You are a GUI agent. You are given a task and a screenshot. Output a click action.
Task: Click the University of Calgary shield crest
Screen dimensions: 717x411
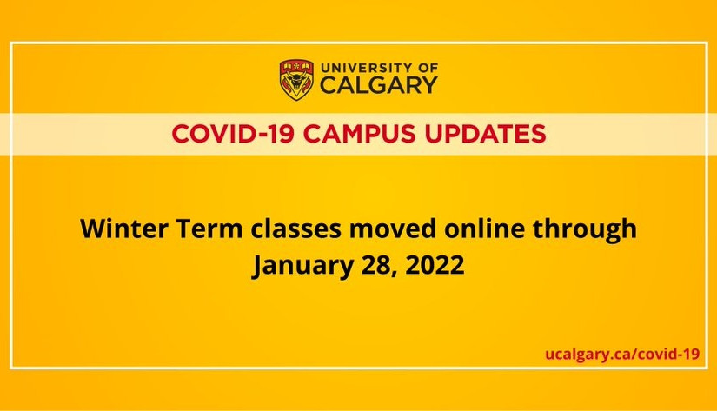(x=296, y=80)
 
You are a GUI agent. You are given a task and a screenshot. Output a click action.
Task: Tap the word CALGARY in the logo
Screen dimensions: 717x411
(x=379, y=85)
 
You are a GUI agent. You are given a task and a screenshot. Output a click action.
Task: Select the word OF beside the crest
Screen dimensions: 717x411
(x=428, y=68)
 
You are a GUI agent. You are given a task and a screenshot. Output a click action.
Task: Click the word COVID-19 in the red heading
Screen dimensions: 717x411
(x=233, y=134)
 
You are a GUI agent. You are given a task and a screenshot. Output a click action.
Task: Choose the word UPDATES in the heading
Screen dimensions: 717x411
(x=485, y=134)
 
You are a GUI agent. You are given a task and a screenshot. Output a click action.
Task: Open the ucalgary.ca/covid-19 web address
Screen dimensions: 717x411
(x=622, y=354)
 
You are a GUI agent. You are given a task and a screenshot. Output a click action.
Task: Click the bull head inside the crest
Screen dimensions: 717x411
(x=296, y=83)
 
